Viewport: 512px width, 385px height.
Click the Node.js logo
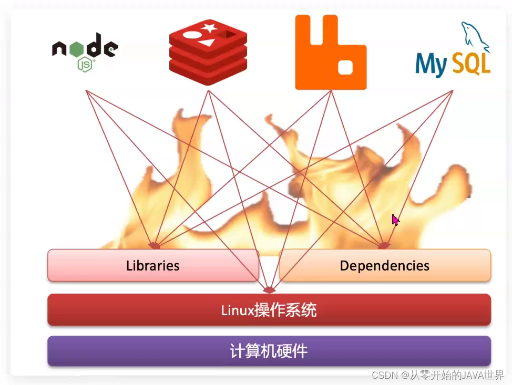point(85,51)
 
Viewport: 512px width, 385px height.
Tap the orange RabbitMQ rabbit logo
point(330,53)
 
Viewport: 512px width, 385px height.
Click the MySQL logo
point(453,53)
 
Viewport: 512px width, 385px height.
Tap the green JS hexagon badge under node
point(85,65)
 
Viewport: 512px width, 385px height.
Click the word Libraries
point(152,266)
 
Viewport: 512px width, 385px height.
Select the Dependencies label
point(384,266)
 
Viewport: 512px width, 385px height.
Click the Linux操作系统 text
point(269,310)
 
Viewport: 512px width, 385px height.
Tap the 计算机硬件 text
point(269,351)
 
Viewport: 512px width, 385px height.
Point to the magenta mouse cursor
point(395,219)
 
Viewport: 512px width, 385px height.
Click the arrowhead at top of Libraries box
point(154,245)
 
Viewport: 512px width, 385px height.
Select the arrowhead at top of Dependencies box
point(384,245)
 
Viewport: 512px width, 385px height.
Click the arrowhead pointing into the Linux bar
point(269,290)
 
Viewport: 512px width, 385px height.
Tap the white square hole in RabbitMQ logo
point(345,67)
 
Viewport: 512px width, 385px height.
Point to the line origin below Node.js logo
point(86,90)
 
